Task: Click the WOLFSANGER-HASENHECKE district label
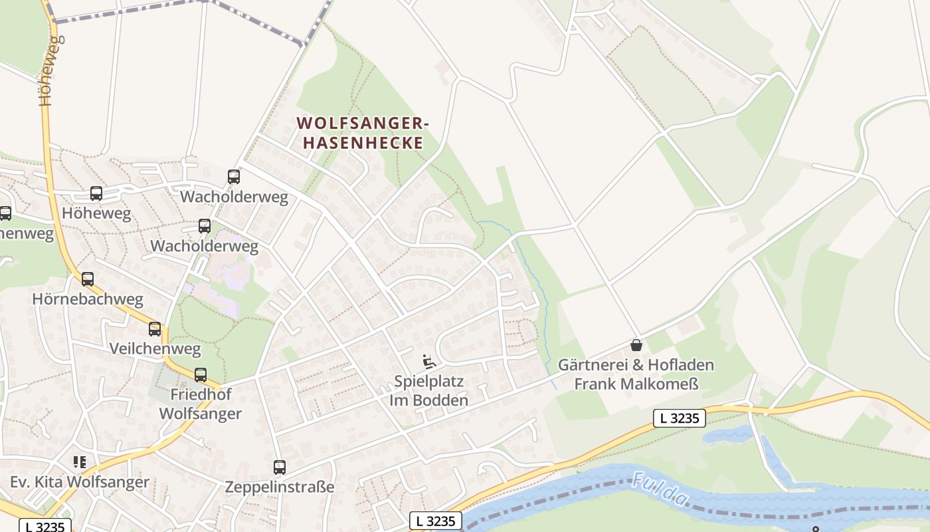363,133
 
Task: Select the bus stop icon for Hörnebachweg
88,279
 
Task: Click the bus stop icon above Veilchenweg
155,329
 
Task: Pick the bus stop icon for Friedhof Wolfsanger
201,375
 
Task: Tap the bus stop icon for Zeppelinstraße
280,467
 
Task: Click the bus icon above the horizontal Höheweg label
96,194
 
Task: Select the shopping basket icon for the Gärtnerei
636,345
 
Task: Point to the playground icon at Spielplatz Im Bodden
429,362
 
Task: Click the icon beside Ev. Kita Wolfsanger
80,462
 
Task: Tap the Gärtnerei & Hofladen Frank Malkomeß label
636,374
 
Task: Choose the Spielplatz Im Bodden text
428,391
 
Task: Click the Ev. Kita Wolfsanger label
80,482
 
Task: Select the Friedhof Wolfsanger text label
201,404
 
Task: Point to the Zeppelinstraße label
280,487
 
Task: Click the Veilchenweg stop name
155,348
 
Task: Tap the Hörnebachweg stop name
88,299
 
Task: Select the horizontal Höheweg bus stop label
96,213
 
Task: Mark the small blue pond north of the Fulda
727,435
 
